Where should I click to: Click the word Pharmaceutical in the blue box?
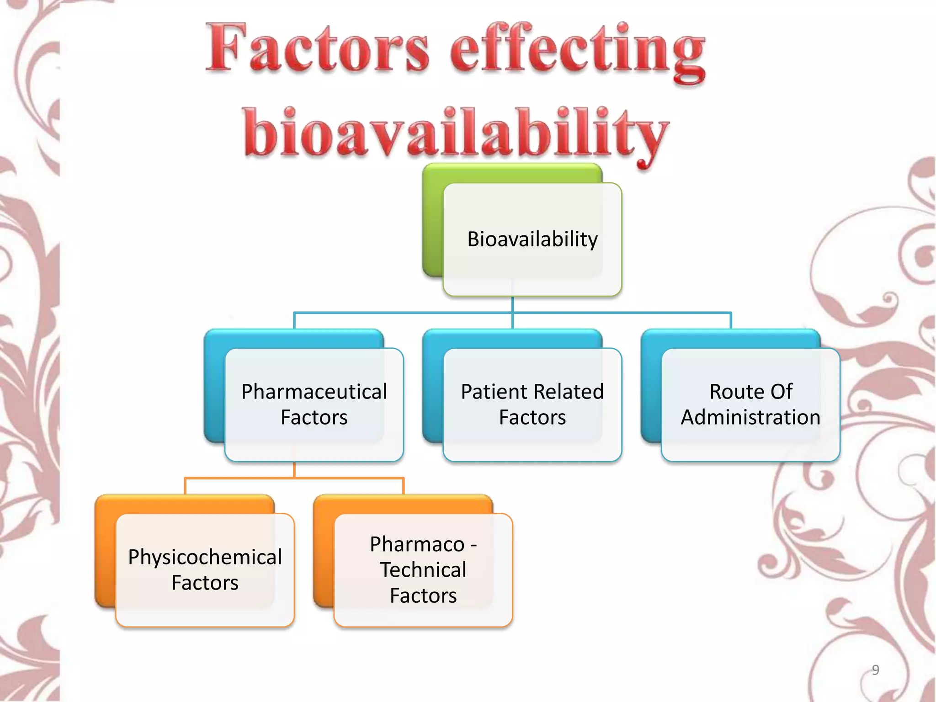[x=314, y=392]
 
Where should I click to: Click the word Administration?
[x=750, y=418]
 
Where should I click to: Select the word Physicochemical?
[x=205, y=558]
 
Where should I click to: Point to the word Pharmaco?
[x=417, y=545]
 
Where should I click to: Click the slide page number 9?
[x=875, y=670]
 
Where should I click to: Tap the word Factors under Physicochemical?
[x=205, y=583]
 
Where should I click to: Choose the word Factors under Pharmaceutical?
[x=314, y=418]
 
